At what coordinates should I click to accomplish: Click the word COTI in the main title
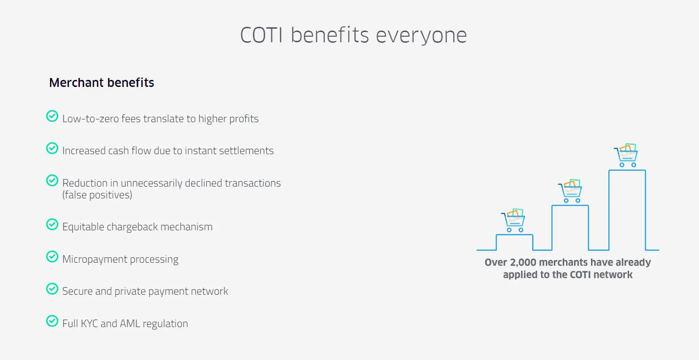(x=261, y=36)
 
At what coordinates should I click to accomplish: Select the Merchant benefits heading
(x=101, y=83)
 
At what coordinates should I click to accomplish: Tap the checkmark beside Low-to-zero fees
(x=52, y=116)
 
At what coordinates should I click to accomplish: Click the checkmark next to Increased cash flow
(x=52, y=149)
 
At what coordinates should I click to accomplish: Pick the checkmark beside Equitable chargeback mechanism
(x=52, y=225)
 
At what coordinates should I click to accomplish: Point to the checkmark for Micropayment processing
(x=52, y=257)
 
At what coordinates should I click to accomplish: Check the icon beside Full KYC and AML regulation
(x=52, y=321)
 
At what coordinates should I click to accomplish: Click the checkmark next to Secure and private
(x=52, y=289)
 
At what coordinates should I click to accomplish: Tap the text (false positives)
(x=97, y=195)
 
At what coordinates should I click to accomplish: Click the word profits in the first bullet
(x=243, y=119)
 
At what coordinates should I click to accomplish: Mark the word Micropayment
(x=93, y=259)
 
